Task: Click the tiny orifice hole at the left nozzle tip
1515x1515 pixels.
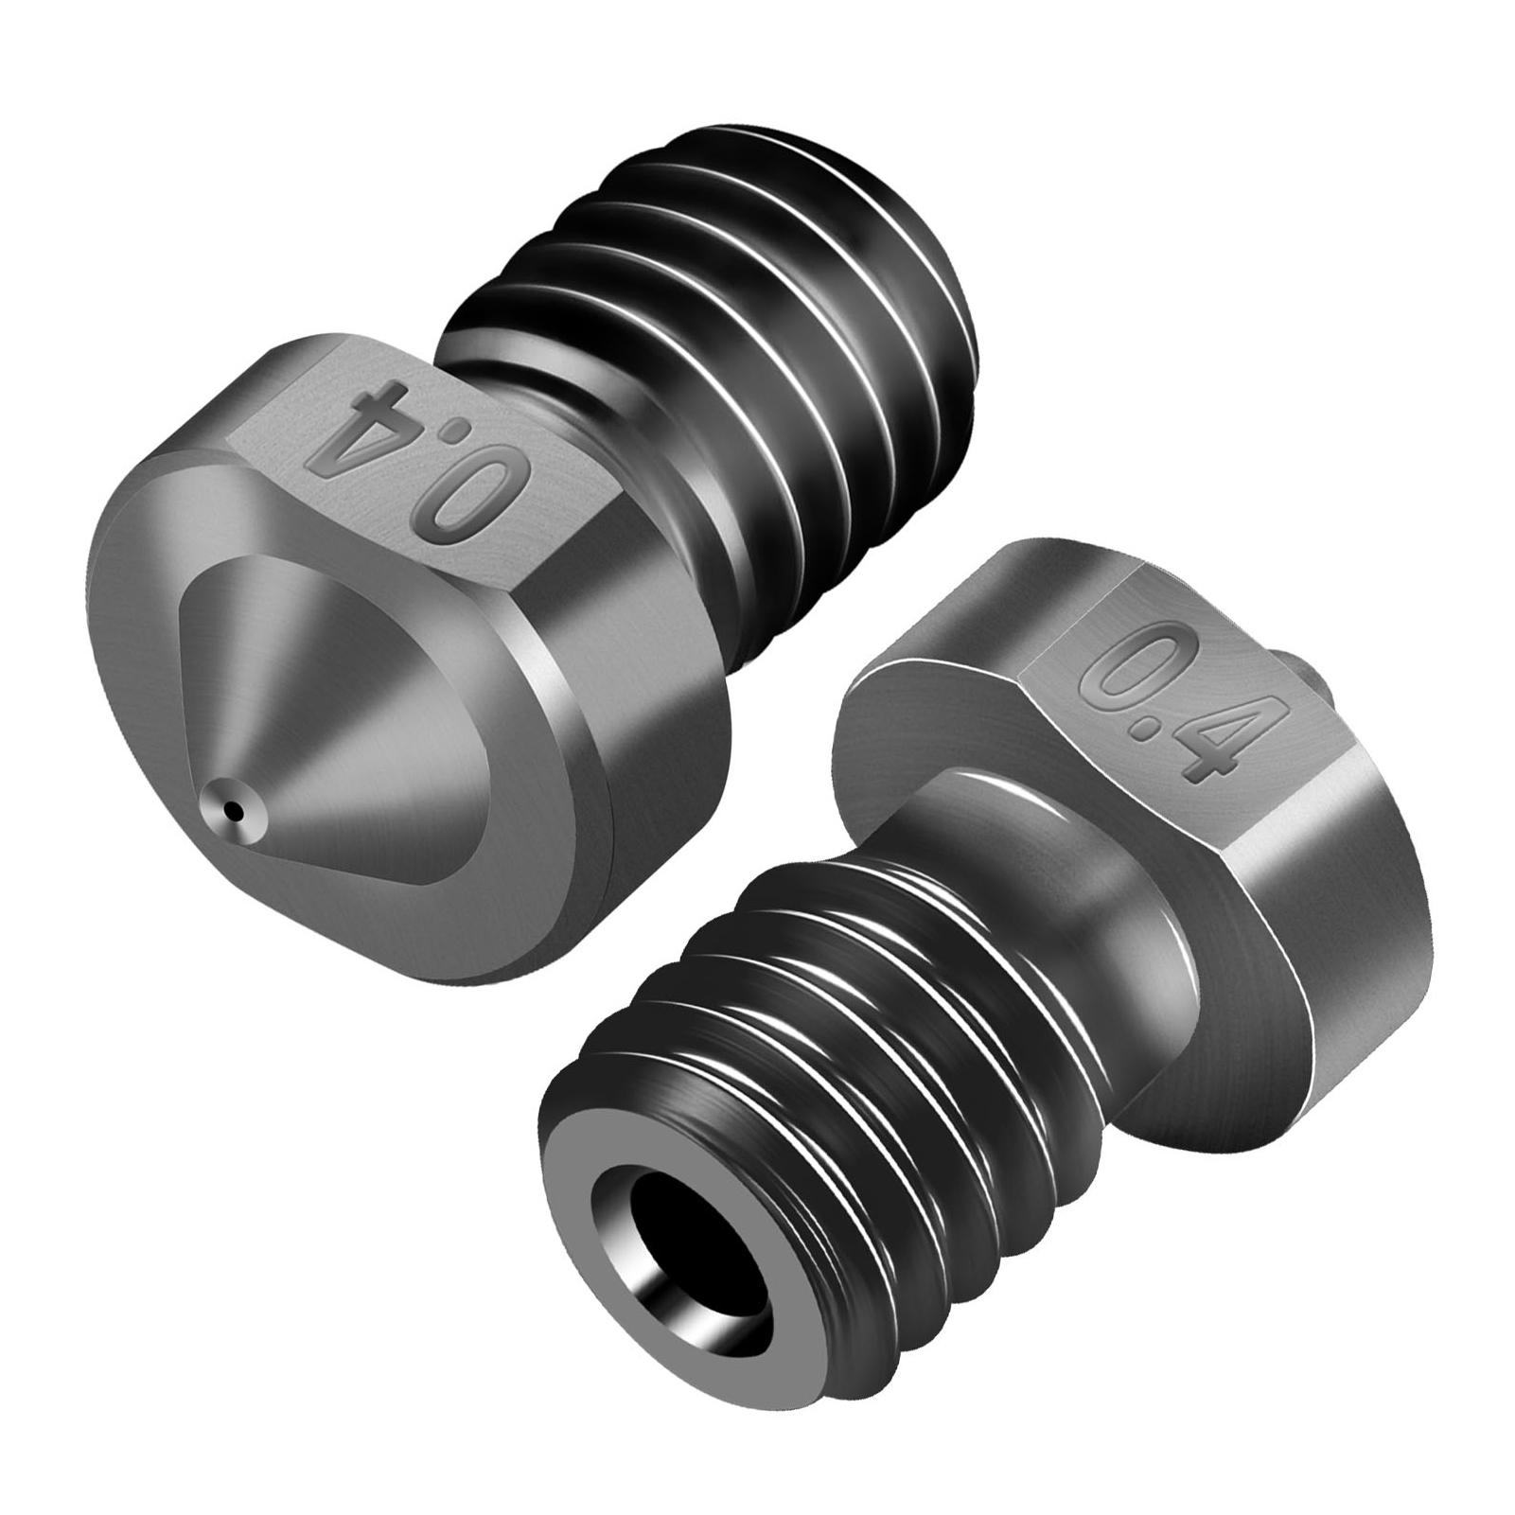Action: click(x=233, y=810)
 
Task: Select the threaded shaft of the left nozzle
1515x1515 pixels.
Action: click(x=757, y=379)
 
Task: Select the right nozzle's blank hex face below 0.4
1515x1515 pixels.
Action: click(x=1325, y=899)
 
